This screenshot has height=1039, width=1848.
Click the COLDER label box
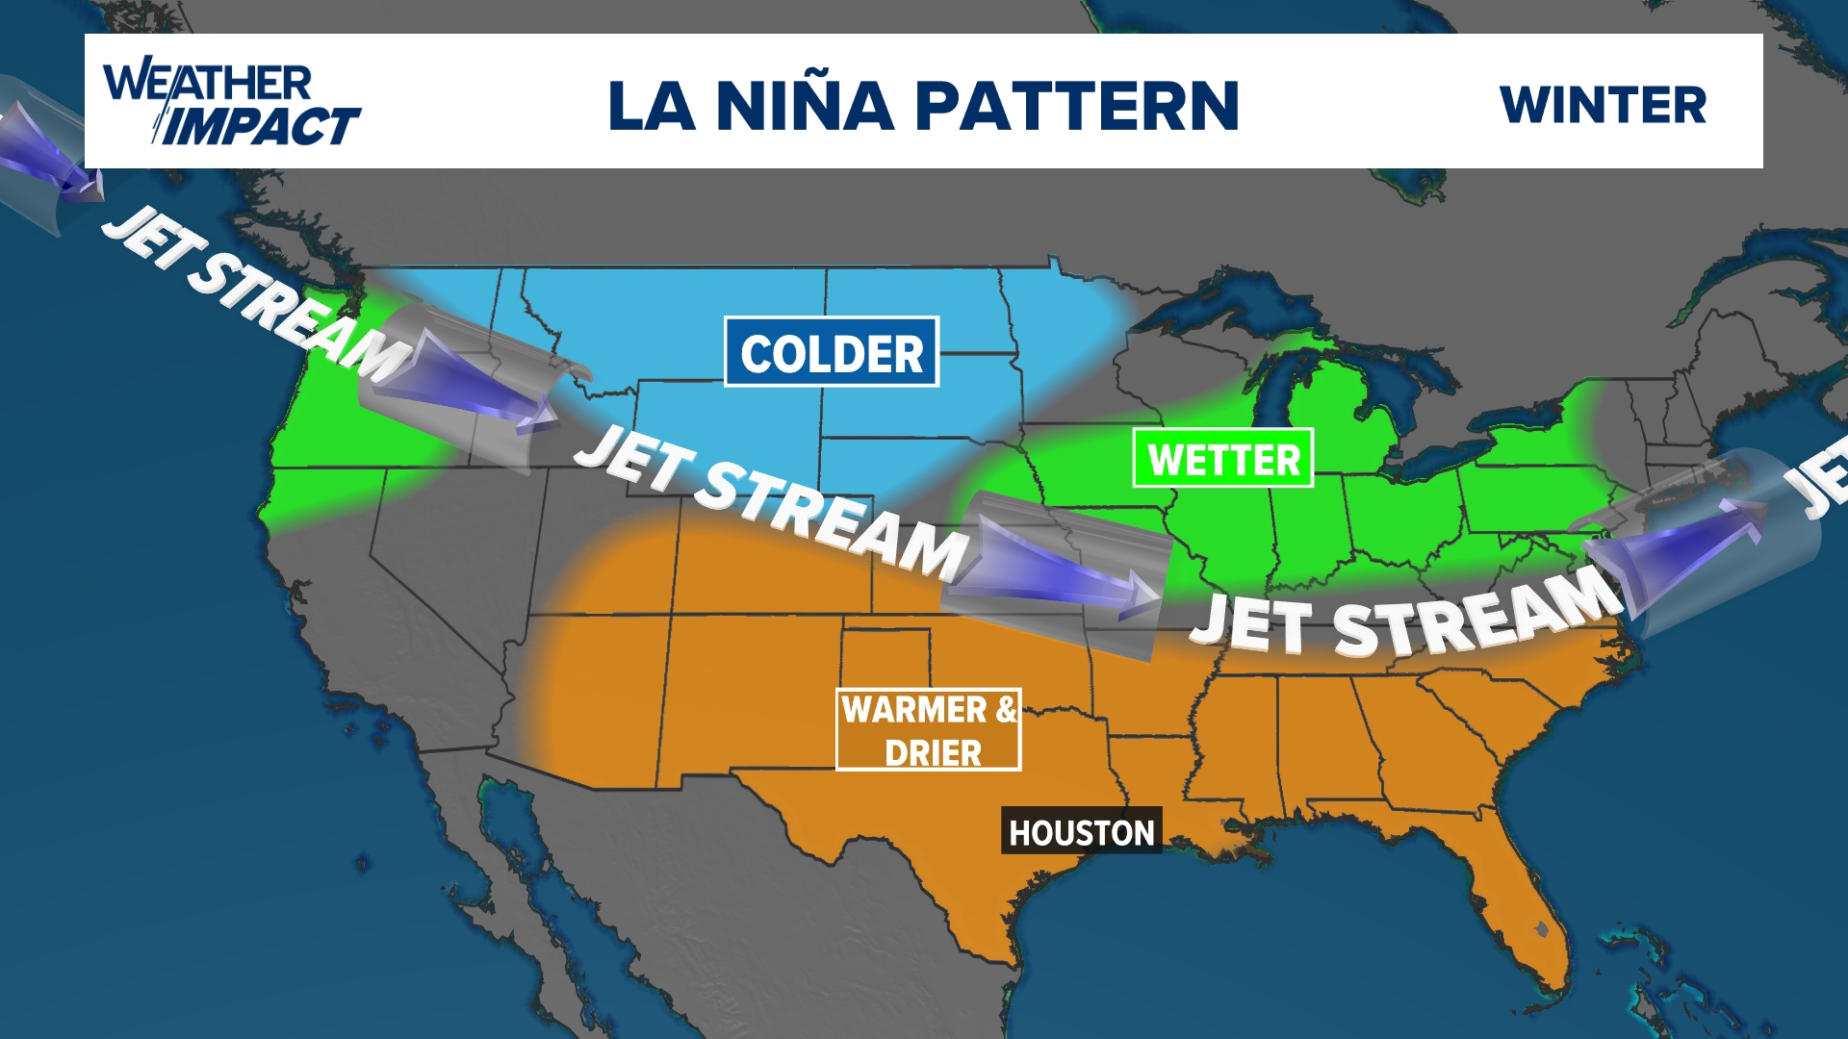[832, 352]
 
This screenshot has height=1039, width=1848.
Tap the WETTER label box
[1222, 459]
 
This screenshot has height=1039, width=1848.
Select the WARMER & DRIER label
[928, 729]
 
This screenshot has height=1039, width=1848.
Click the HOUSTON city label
[1081, 831]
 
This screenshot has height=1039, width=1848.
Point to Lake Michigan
[1275, 404]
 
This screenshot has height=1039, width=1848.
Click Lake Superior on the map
[1222, 298]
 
